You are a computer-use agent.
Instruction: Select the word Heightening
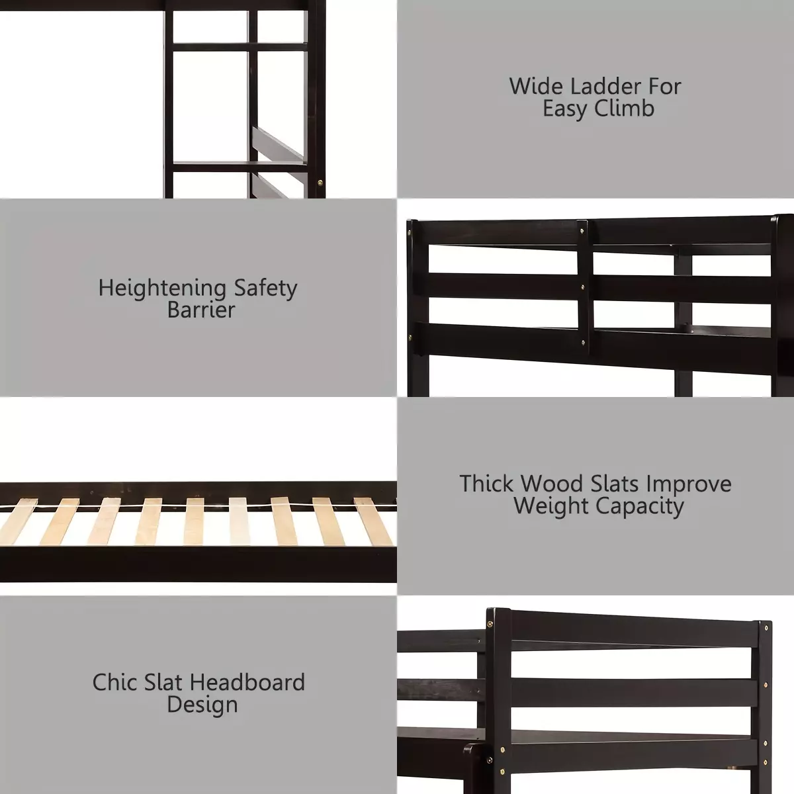(162, 289)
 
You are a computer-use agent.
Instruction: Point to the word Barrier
(201, 310)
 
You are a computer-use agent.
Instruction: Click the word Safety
(266, 289)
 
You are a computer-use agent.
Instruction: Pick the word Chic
(114, 682)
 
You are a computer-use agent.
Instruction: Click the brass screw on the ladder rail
(320, 181)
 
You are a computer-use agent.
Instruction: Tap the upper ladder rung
(240, 46)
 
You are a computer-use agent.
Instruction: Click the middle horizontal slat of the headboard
(634, 692)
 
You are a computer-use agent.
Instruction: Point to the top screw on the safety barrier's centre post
(582, 231)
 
